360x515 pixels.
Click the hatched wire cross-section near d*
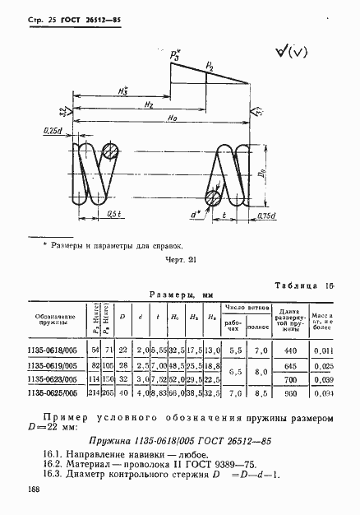pos(214,198)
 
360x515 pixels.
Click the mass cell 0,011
pos(325,349)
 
